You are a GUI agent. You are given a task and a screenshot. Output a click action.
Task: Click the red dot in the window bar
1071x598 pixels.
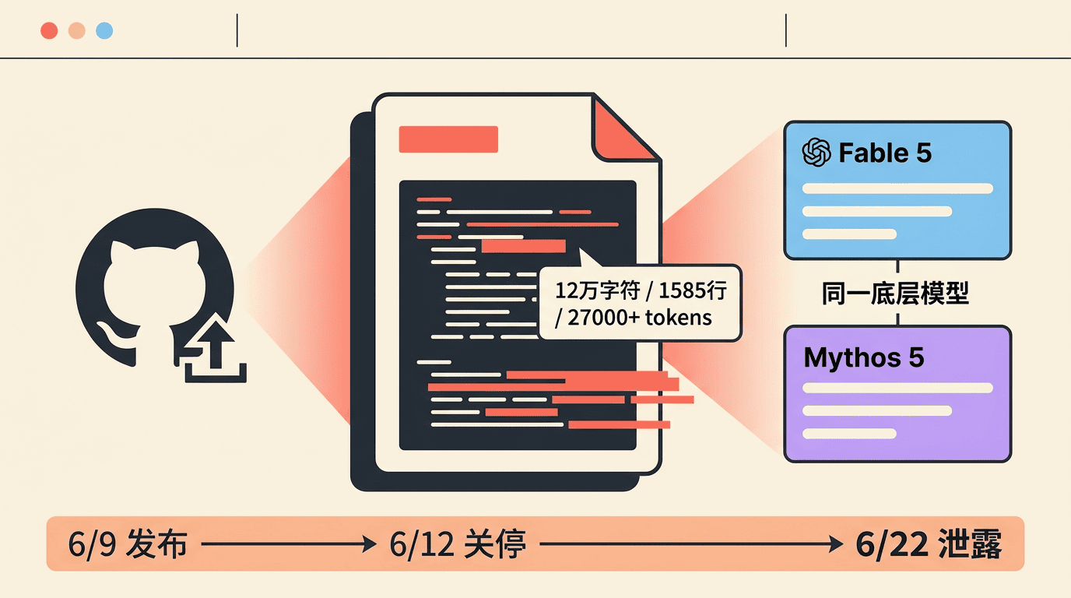49,30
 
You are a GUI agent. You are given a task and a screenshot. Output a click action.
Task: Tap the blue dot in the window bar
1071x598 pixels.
104,30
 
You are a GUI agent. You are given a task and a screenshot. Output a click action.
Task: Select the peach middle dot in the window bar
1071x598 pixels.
77,30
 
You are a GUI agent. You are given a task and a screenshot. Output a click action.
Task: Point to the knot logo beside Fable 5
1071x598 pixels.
816,153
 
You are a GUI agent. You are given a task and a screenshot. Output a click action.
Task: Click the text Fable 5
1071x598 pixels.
885,153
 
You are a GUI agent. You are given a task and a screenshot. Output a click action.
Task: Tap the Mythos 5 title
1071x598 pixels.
864,358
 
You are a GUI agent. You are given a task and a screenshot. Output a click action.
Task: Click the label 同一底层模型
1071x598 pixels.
896,294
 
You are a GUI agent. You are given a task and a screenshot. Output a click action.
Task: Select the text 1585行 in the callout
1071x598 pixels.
693,290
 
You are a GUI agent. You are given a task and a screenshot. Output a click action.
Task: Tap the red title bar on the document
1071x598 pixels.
448,139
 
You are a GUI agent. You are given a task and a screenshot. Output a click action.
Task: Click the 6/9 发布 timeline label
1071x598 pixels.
128,544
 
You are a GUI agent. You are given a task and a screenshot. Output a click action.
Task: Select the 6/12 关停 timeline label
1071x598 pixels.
458,544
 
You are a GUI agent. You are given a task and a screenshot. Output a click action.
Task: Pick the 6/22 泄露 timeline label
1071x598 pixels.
929,544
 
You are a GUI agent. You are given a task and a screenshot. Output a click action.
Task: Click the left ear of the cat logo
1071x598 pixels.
120,252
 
